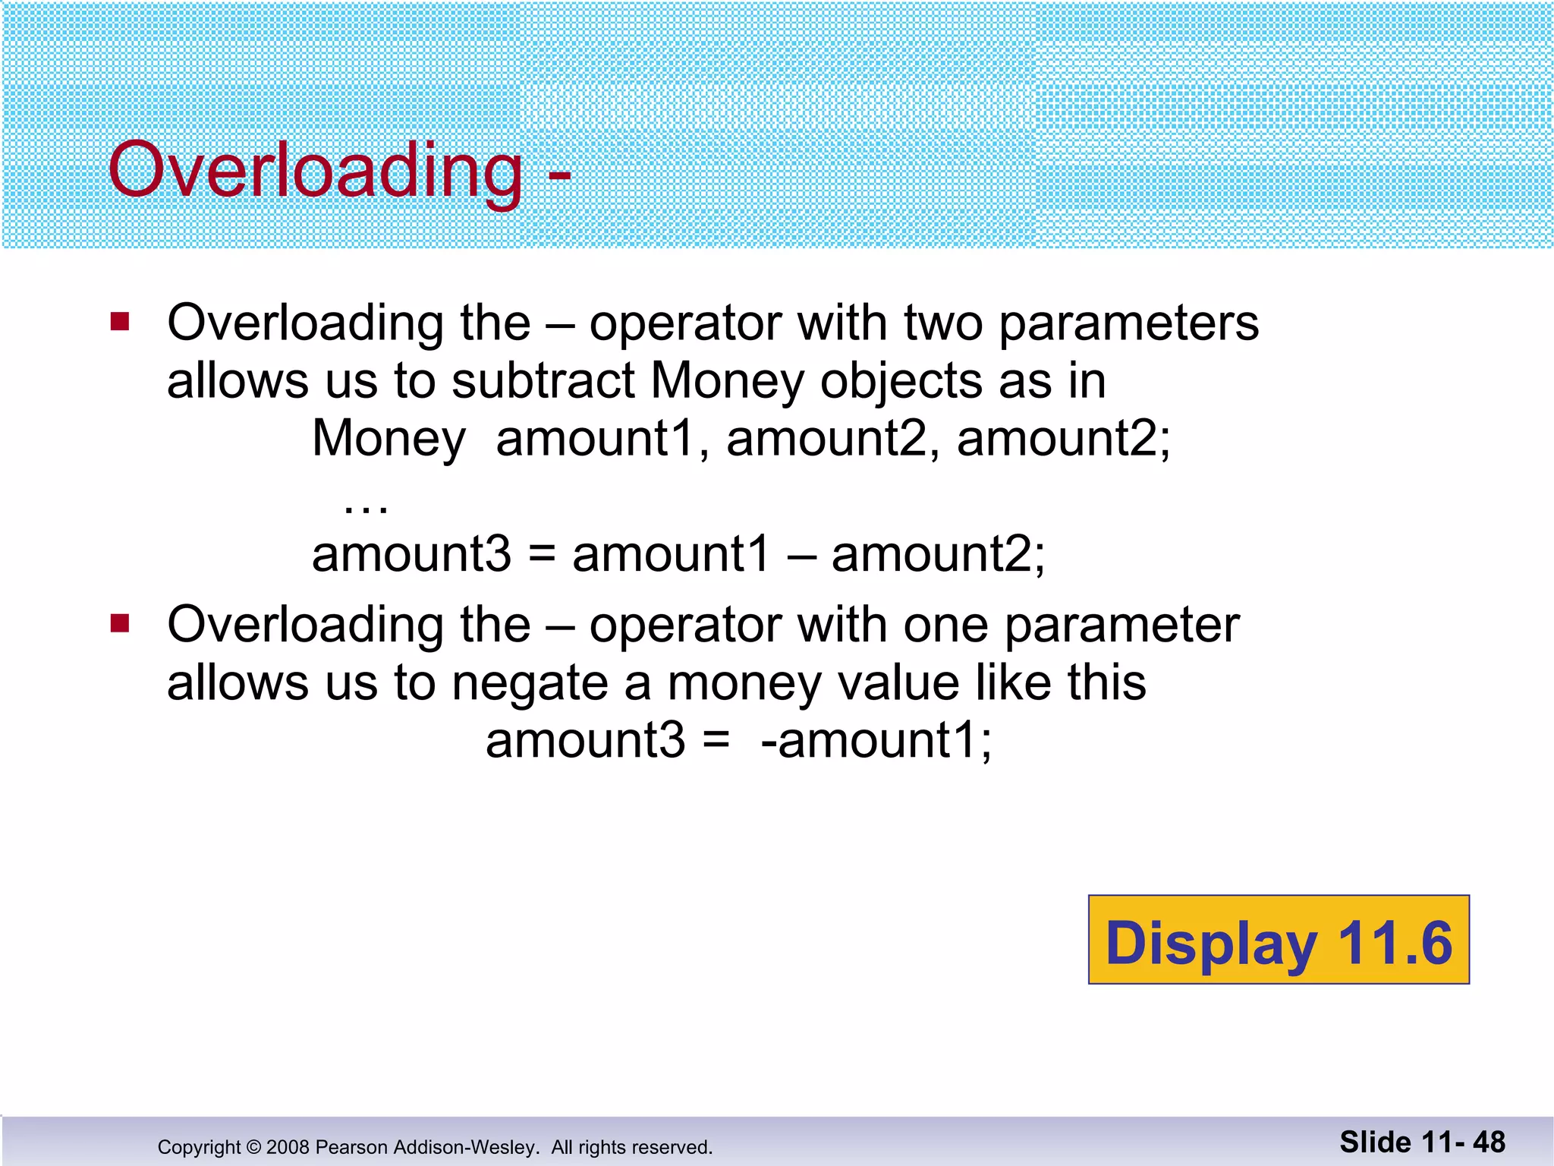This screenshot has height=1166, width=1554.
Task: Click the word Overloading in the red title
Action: point(315,170)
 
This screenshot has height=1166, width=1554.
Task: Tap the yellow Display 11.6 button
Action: point(1279,941)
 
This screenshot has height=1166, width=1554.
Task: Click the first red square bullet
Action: point(120,322)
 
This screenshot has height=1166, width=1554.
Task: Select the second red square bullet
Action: point(120,624)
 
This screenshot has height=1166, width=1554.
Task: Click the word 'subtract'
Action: point(543,380)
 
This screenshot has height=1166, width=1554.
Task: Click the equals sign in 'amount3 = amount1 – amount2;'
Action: point(542,555)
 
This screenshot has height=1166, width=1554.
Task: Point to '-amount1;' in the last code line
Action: point(876,740)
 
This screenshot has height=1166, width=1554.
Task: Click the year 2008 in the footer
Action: point(288,1147)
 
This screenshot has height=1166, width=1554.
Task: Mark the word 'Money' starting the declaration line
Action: point(388,440)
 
